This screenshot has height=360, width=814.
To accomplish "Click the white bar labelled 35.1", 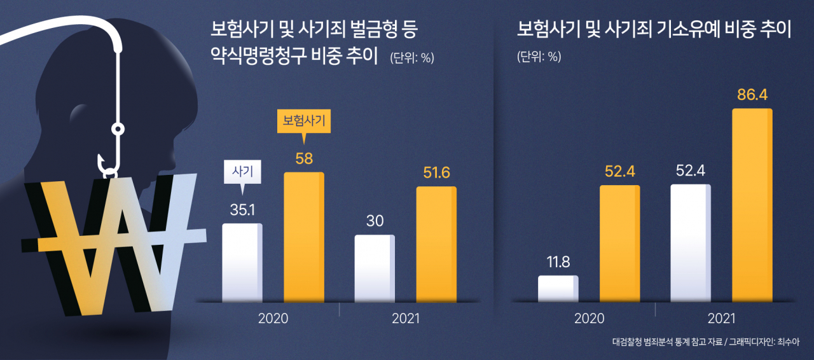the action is coord(242,263).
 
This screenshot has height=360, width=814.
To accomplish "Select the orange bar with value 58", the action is coord(304,237).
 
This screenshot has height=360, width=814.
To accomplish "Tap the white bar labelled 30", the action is coord(375,268).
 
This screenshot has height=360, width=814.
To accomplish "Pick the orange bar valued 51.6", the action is coord(436,244).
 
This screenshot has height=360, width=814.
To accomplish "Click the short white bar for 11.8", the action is coord(558,289).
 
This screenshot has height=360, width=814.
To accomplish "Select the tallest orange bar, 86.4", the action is coord(752,205).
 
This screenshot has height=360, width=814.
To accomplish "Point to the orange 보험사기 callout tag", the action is coord(304,121).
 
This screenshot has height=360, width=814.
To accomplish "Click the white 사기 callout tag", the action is coord(242,172).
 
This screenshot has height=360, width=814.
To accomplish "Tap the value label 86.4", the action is coord(752,95).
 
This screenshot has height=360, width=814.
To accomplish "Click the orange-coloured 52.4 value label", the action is coord(620,171).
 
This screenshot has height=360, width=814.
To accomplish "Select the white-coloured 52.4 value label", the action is coord(691,170).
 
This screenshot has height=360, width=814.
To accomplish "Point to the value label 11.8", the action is coord(558,262).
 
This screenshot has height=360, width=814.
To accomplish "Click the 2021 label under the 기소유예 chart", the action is coord(721,319).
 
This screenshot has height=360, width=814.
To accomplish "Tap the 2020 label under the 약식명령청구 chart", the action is coord(273,319).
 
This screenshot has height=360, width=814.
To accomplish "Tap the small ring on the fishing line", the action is coord(118,129).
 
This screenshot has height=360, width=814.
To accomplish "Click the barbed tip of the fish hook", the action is coord(100,159).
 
